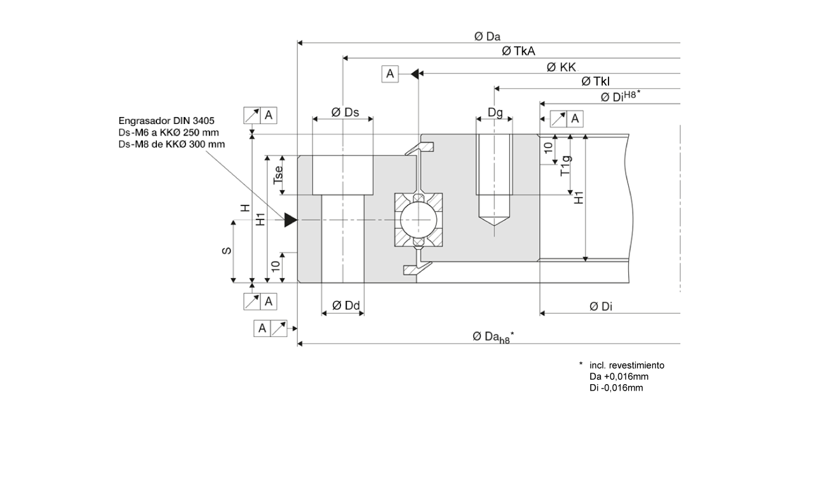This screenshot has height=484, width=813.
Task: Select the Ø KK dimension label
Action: [561, 67]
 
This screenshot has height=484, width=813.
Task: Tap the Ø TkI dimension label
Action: [596, 81]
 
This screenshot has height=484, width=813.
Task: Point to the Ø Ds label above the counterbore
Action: [345, 113]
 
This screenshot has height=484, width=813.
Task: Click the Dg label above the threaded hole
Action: [495, 113]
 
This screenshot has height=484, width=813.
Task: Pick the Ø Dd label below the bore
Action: [346, 306]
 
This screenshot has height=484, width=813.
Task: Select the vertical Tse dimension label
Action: [278, 176]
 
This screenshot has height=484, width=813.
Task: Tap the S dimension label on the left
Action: [226, 251]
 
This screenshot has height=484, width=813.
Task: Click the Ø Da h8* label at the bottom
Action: [493, 337]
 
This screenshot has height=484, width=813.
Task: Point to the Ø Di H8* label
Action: [620, 97]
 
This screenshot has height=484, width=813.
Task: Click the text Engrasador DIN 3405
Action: [167, 121]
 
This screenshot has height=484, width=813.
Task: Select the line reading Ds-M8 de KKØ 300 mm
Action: [171, 144]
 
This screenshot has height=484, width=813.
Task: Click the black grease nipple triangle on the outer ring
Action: [290, 220]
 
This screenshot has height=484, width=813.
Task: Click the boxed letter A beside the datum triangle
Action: [390, 74]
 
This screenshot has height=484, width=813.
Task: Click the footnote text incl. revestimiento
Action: [626, 365]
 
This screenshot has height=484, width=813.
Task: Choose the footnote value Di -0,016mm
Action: [616, 387]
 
